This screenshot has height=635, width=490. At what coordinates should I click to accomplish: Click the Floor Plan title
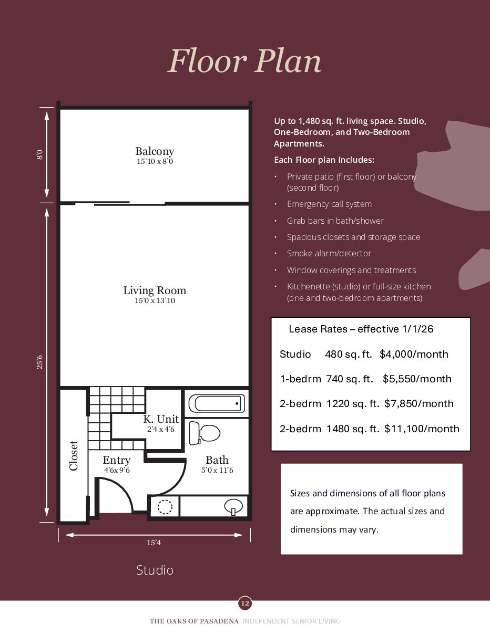tap(244, 61)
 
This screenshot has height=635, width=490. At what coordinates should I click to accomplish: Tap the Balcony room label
tap(155, 152)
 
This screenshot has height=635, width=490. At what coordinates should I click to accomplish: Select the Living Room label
tap(155, 290)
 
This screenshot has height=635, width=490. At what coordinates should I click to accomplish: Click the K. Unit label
tap(161, 420)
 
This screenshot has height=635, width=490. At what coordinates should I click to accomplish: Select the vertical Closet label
tap(74, 455)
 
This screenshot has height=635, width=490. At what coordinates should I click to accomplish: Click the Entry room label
tap(116, 461)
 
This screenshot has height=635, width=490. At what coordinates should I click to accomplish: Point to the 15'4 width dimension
tap(154, 543)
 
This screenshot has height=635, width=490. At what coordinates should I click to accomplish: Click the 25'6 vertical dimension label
tap(39, 362)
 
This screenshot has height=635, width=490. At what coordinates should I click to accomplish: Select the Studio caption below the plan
tap(155, 570)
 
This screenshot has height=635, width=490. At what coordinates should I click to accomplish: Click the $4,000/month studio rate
tap(414, 355)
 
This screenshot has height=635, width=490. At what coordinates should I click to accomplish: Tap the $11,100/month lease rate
tap(422, 429)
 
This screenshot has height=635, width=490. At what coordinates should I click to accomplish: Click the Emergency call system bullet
tap(329, 204)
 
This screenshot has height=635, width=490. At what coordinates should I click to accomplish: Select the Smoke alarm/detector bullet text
tap(329, 254)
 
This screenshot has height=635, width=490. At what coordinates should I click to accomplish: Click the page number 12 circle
tap(244, 603)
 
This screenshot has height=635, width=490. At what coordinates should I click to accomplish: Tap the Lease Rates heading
tap(361, 329)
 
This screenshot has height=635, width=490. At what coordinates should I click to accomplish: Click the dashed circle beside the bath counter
tap(165, 507)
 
